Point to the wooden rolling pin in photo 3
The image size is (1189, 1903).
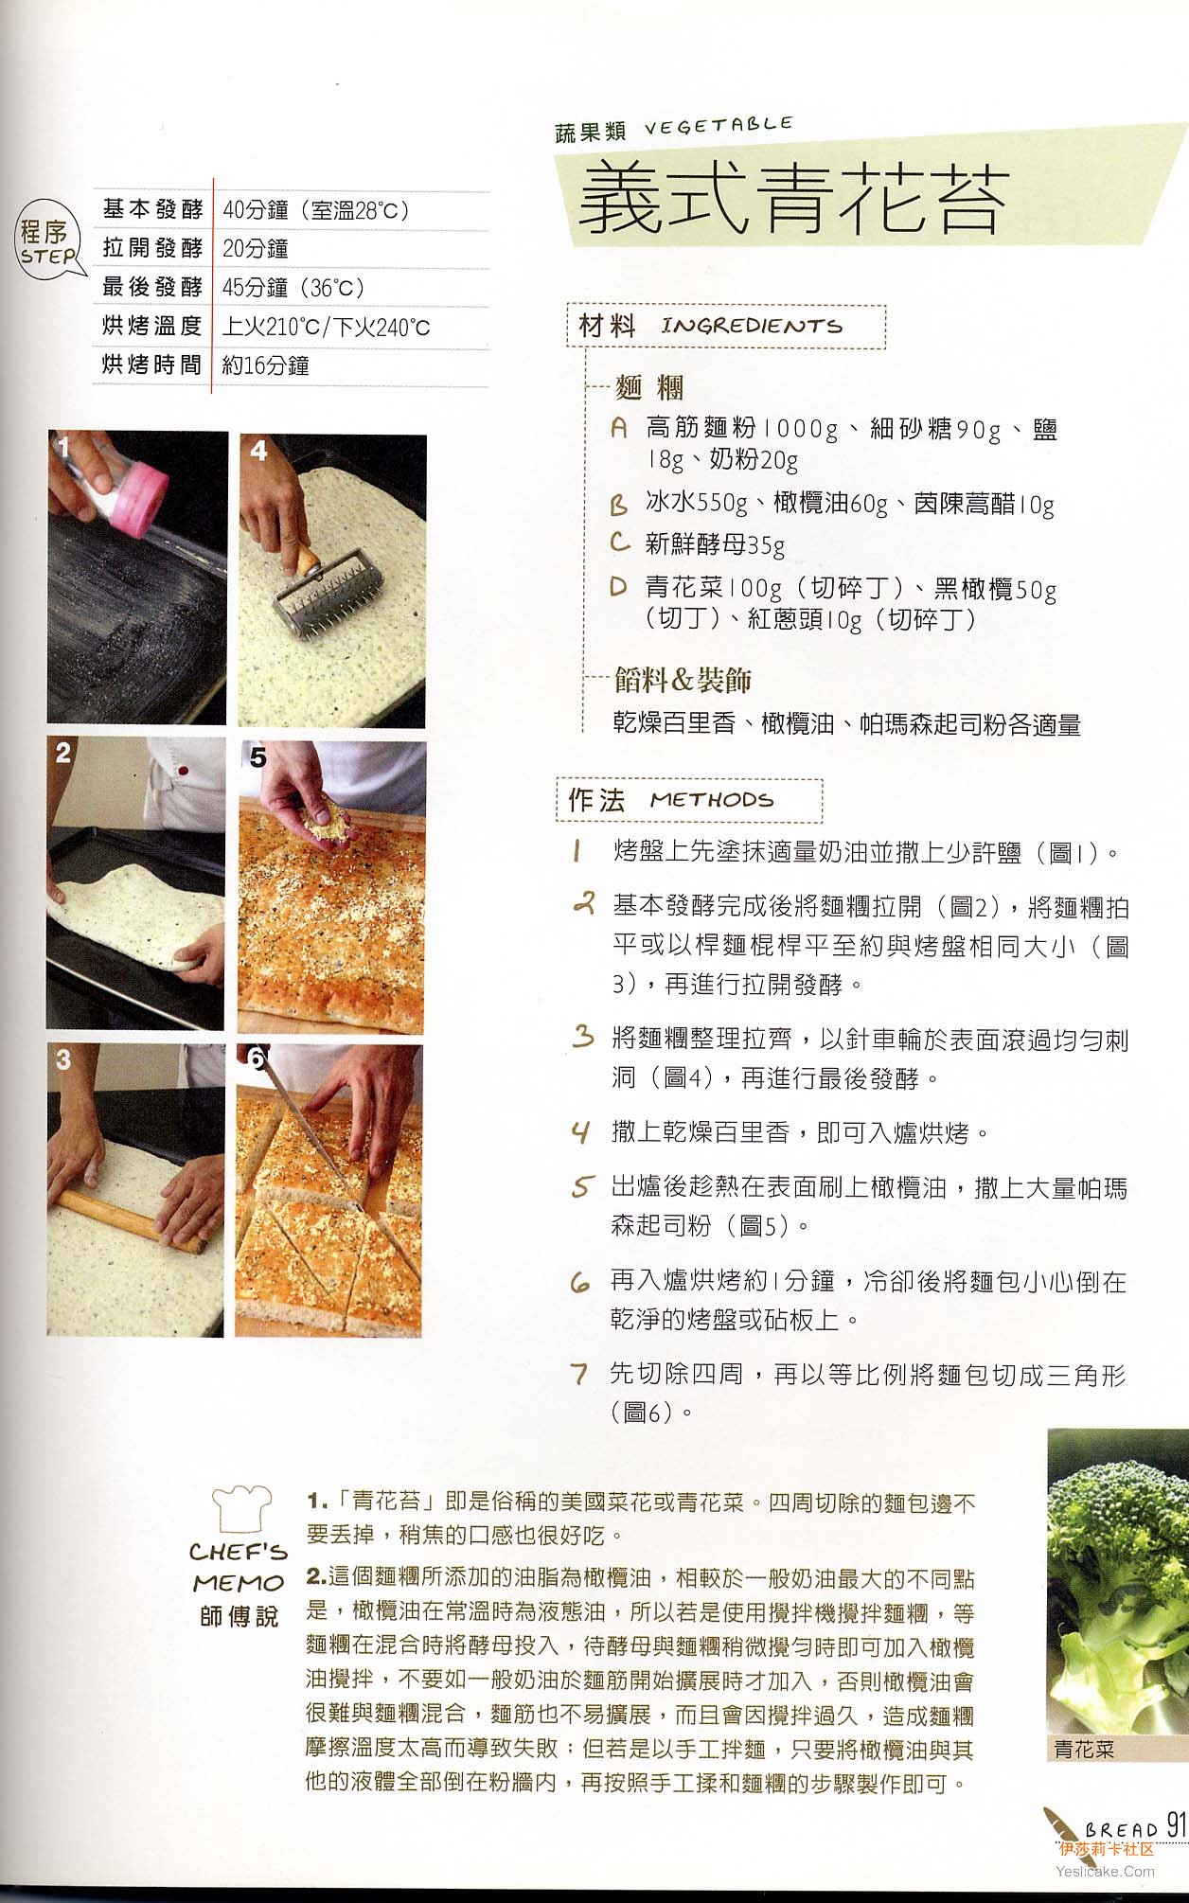tap(132, 1220)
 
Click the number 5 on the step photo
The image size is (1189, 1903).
tap(258, 757)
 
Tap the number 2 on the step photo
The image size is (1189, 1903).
tap(63, 753)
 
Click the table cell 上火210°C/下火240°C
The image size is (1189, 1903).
tap(326, 328)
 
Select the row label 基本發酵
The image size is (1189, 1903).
tap(152, 209)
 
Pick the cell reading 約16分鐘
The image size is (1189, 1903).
tap(265, 365)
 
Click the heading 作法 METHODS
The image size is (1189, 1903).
tap(670, 800)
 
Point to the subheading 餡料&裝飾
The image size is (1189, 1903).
tap(683, 680)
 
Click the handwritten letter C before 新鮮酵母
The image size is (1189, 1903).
tap(620, 542)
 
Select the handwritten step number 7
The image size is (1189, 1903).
tap(579, 1374)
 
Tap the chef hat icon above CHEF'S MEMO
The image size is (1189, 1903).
tap(241, 1507)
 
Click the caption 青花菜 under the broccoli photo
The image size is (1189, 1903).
tap(1084, 1750)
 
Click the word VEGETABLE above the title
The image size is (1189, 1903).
tap(719, 126)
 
